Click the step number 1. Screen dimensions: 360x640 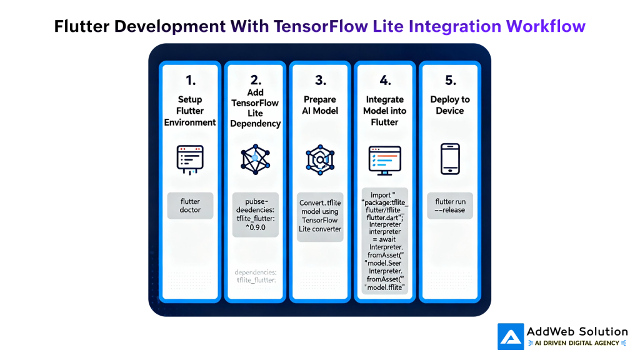190,80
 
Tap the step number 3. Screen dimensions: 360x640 321,80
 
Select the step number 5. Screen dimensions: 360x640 450,80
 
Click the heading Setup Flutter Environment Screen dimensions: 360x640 190,111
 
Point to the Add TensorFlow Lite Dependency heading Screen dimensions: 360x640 255,108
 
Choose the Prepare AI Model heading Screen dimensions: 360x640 321,105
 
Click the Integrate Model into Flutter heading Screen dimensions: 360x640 385,111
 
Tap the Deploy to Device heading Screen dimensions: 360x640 450,105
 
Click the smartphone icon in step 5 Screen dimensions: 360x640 450,159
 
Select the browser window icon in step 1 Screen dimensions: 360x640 190,158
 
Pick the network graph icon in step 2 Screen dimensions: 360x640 255,159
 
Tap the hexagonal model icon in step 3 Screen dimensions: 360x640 321,159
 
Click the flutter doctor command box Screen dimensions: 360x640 190,206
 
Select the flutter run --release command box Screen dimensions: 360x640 450,206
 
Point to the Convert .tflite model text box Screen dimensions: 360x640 321,216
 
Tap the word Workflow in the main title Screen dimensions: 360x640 546,26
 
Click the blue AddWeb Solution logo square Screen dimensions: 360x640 511,336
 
